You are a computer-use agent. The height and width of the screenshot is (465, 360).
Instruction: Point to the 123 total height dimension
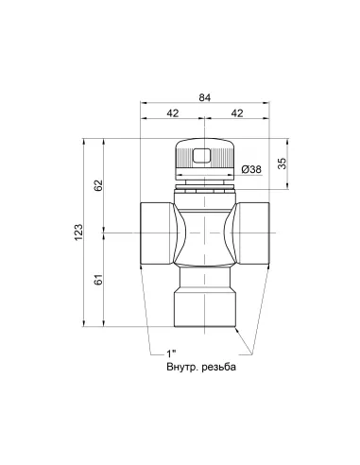click(80, 230)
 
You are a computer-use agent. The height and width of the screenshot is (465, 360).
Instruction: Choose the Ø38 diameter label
click(251, 168)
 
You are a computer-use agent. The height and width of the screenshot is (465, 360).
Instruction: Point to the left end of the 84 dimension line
click(143, 102)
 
